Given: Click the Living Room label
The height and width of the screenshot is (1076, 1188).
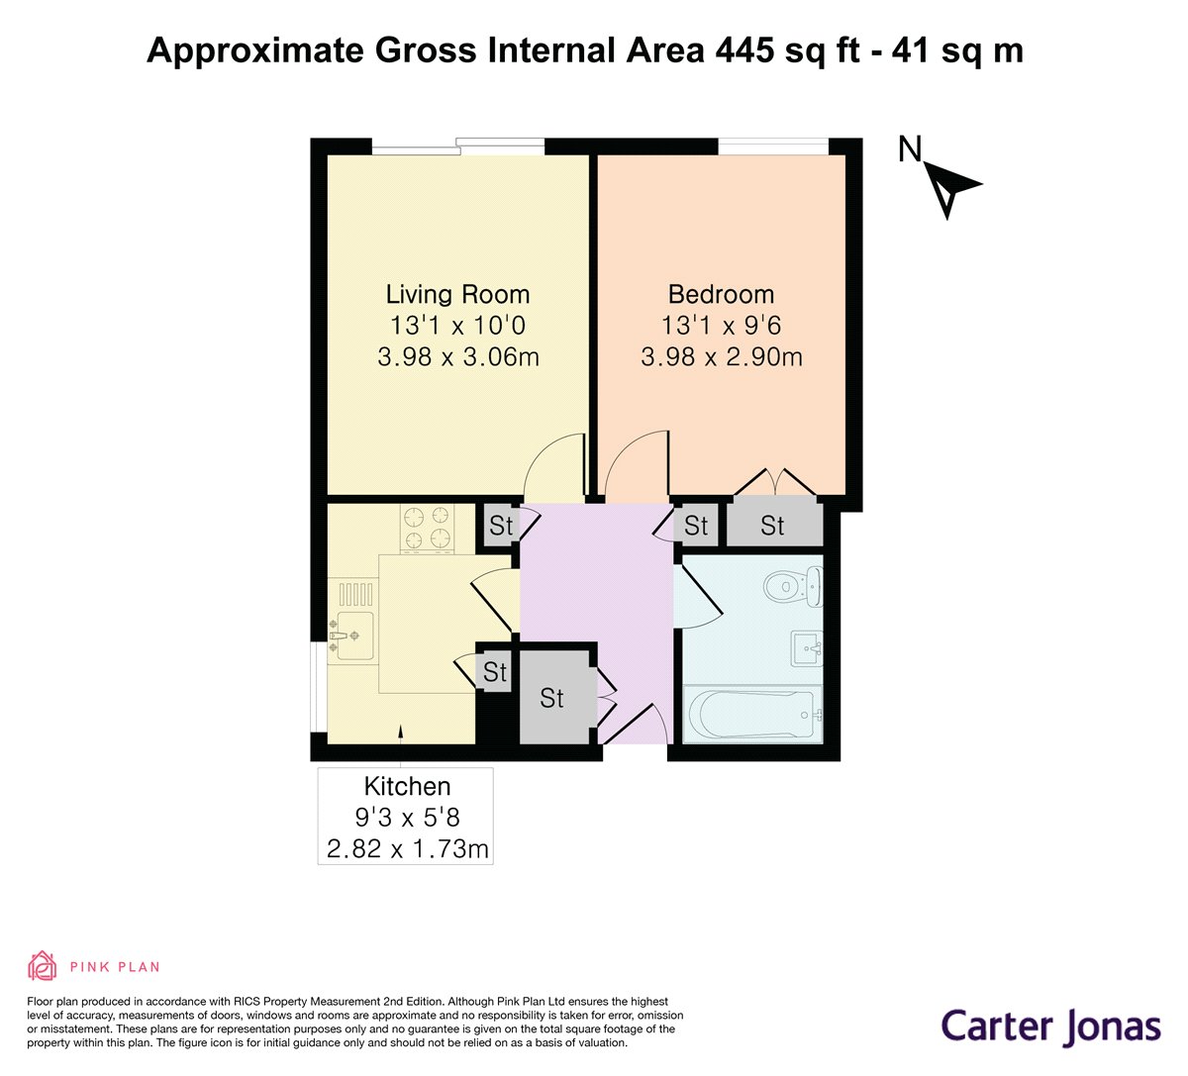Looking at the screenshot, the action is (x=457, y=294).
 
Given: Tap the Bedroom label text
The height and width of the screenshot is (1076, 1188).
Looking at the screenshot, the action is (x=721, y=294).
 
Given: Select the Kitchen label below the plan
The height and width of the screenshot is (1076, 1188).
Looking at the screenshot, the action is (x=407, y=786).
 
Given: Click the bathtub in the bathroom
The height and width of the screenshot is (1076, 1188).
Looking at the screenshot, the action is (x=752, y=714).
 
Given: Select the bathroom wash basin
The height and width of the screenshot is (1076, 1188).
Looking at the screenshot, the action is (x=807, y=648).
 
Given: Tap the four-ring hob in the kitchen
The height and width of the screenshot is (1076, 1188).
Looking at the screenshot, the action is (x=427, y=528).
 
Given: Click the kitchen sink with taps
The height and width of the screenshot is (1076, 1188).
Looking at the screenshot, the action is (x=350, y=636).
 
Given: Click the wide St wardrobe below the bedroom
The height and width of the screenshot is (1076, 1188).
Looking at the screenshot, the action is (x=774, y=525).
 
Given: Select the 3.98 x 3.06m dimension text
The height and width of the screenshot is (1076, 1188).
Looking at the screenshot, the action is (x=457, y=357).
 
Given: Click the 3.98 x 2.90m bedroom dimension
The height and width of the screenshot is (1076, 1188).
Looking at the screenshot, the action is (x=722, y=357).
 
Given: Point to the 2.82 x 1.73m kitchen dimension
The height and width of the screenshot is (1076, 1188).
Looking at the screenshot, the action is (x=407, y=848).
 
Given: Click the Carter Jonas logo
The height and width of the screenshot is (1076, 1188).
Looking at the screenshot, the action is (x=1050, y=1027).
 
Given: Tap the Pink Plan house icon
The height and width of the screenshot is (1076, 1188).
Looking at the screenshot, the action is (x=42, y=966).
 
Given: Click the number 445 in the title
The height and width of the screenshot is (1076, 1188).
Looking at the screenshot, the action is (x=745, y=49).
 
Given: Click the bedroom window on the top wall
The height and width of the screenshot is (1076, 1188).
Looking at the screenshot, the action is (x=773, y=147).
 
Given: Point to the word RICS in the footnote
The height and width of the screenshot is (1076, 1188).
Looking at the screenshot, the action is (x=248, y=1002).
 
